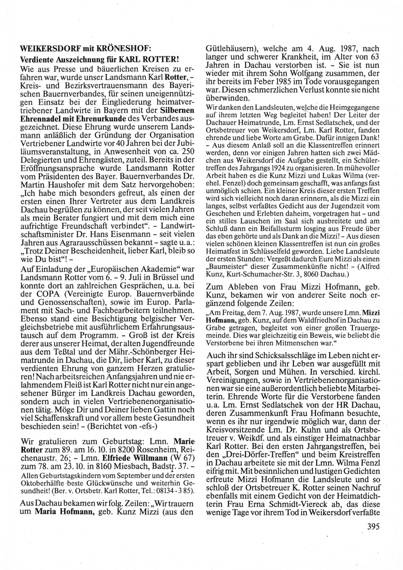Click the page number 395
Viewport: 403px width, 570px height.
[x=374, y=526]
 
